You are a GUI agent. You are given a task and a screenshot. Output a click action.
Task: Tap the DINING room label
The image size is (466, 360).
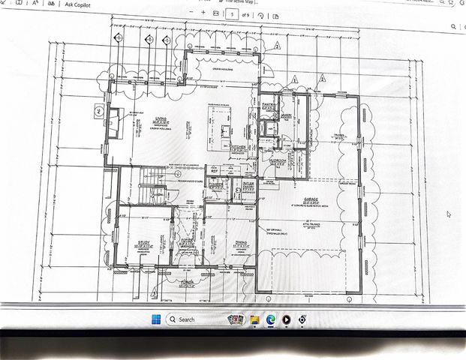241,242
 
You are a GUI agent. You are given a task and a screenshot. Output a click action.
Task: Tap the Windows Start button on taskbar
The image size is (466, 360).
155,319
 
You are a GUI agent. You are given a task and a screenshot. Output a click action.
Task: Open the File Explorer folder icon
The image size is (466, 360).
255,319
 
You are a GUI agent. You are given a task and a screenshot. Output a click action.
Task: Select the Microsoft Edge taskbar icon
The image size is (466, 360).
271,319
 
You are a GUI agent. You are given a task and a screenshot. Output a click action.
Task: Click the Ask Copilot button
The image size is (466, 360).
78,4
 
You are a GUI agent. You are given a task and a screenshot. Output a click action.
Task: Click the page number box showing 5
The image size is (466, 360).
232,13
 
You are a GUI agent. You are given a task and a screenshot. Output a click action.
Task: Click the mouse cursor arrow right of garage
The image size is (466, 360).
449,214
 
